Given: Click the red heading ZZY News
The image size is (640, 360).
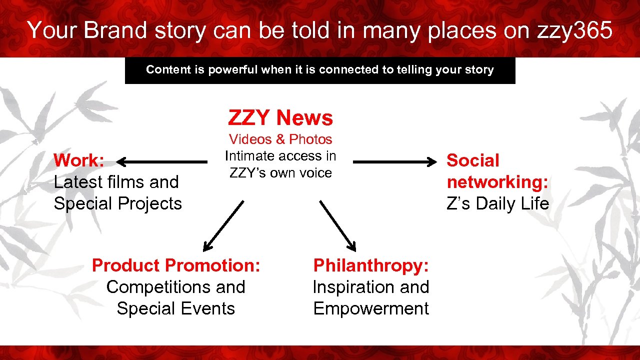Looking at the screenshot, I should pyautogui.click(x=280, y=118).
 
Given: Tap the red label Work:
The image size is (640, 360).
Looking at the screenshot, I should pyautogui.click(x=79, y=160).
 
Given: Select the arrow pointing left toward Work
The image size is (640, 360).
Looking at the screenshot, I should pyautogui.click(x=162, y=161).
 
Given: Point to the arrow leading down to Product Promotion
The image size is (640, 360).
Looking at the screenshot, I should pyautogui.click(x=223, y=225).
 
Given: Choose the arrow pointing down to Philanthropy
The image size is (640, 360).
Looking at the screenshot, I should pyautogui.click(x=338, y=225).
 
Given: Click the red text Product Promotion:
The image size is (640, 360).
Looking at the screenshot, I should pyautogui.click(x=176, y=265).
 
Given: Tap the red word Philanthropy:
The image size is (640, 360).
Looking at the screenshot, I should pyautogui.click(x=371, y=265).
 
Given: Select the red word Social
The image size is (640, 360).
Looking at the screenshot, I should pyautogui.click(x=472, y=160).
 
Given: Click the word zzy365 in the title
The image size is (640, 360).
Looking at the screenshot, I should pyautogui.click(x=574, y=30).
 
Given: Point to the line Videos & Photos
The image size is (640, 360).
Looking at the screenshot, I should pyautogui.click(x=280, y=139).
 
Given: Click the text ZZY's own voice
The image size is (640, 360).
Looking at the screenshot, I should pyautogui.click(x=280, y=173).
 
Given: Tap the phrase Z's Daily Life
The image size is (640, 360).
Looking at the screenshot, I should pyautogui.click(x=497, y=203).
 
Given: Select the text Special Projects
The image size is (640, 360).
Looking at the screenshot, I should pyautogui.click(x=118, y=203).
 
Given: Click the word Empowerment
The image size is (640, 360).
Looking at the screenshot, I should pyautogui.click(x=371, y=308).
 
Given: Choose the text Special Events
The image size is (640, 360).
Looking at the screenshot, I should pyautogui.click(x=176, y=308).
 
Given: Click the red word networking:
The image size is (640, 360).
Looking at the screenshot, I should pyautogui.click(x=497, y=182).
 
